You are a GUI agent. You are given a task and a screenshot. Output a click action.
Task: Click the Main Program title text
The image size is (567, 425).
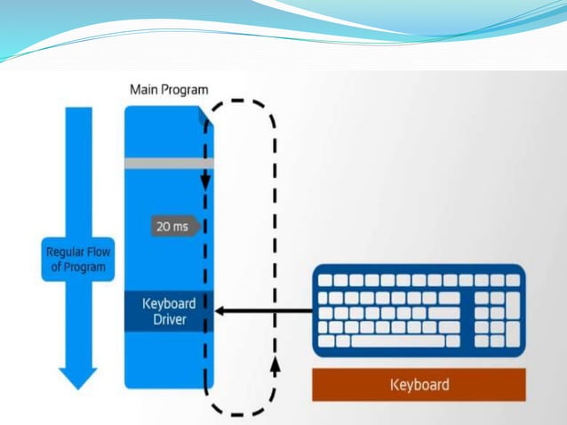169,89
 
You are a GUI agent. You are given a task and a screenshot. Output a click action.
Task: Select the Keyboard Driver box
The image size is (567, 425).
164,311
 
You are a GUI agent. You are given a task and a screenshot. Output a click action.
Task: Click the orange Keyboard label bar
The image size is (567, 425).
419,385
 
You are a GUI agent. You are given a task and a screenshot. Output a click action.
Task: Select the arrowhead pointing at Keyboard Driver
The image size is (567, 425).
220,311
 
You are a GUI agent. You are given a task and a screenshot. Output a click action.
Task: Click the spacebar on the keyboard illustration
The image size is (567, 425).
397,341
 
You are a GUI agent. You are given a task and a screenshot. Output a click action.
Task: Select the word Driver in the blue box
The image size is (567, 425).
164,319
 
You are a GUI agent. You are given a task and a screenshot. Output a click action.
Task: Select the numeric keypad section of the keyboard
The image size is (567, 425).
497,310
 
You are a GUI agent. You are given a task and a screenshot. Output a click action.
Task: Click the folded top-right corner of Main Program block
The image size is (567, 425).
205,113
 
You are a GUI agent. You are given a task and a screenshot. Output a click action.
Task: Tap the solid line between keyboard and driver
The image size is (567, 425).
267,311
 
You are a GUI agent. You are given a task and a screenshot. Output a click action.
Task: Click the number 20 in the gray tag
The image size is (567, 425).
164,227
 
